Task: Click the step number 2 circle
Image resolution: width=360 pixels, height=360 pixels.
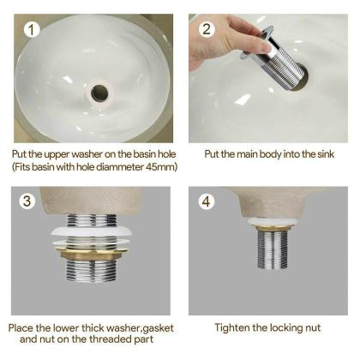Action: tap(207, 29)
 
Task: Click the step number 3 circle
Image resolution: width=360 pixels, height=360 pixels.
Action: tap(28, 202)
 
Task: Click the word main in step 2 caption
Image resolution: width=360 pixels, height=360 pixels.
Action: tap(243, 154)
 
